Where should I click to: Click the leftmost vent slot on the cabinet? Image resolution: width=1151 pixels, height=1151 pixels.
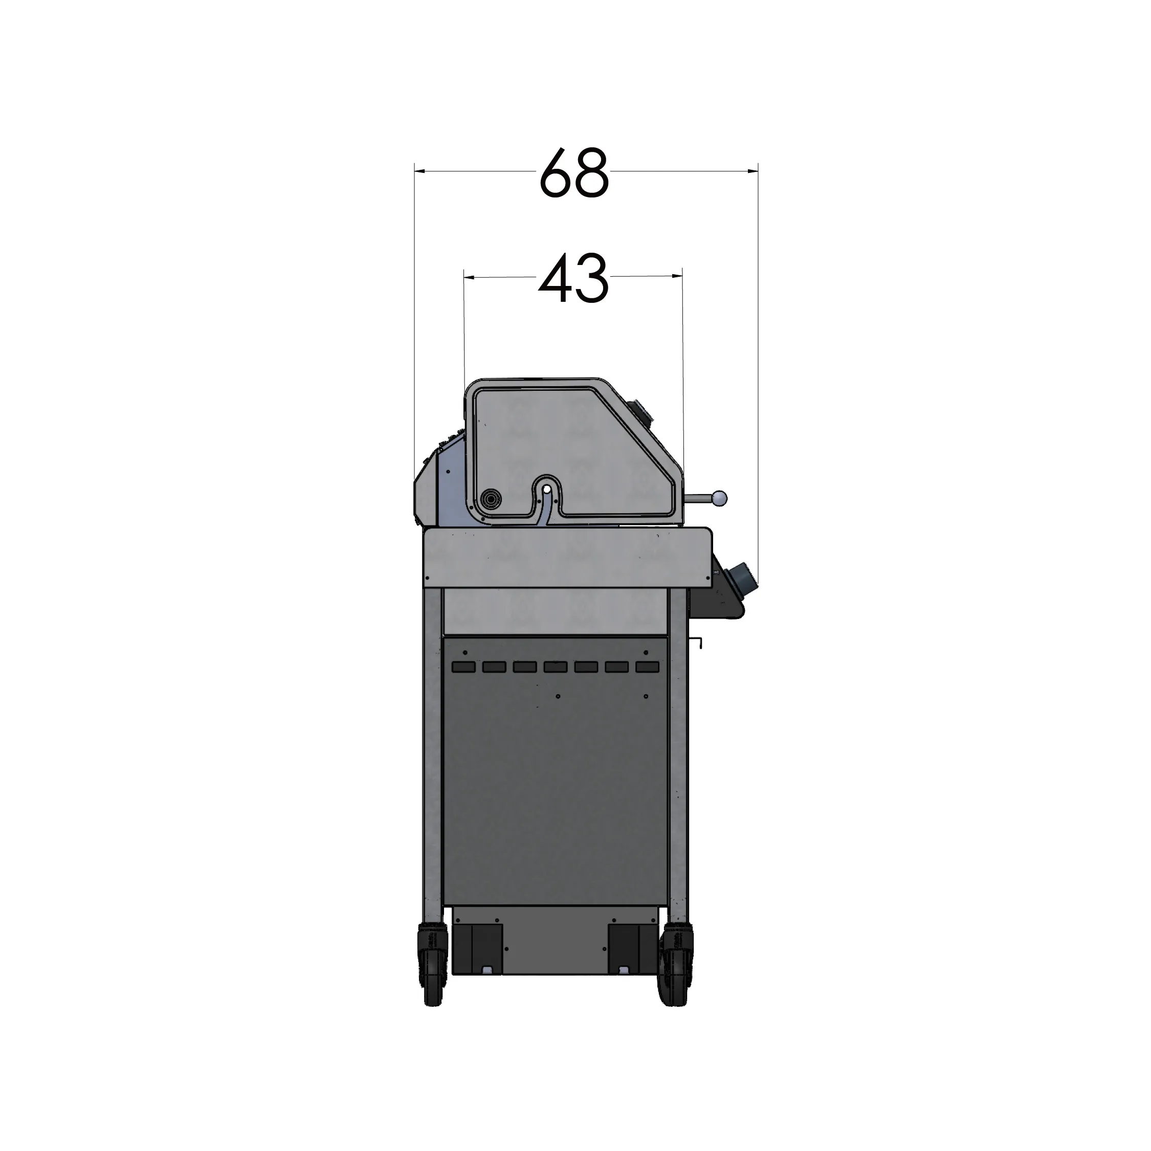(x=463, y=667)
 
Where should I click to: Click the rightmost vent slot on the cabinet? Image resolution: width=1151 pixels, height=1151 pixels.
(x=647, y=667)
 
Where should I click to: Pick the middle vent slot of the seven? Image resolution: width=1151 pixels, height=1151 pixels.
(x=555, y=667)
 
